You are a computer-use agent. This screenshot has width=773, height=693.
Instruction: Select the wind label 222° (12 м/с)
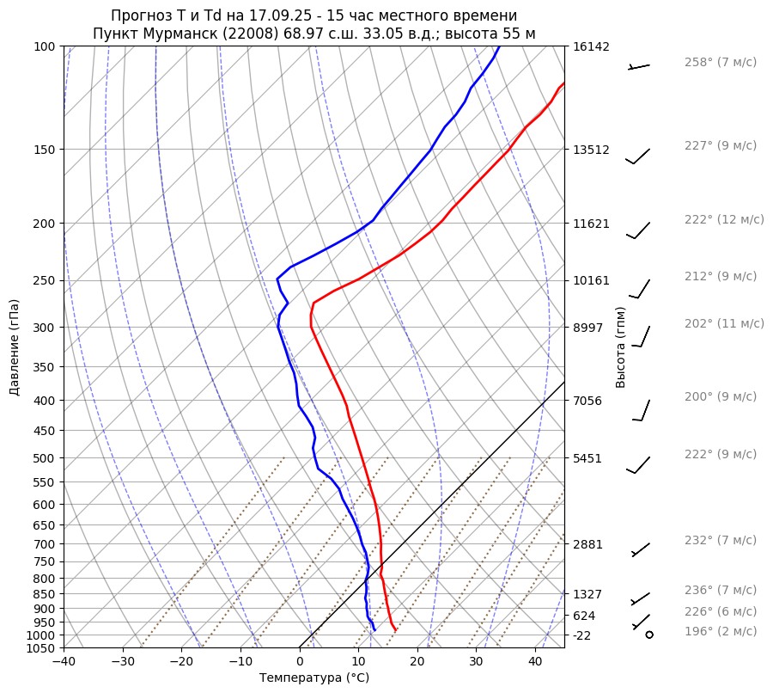click(724, 219)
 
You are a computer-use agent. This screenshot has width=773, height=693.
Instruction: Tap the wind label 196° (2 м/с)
click(721, 631)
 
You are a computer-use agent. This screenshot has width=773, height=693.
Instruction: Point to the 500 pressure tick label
click(45, 458)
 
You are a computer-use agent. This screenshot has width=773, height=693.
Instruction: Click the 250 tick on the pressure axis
click(45, 280)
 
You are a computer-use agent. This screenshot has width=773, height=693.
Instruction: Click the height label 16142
click(591, 46)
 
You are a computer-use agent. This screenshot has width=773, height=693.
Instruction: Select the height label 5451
click(587, 458)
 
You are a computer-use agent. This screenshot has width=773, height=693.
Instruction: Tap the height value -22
click(582, 635)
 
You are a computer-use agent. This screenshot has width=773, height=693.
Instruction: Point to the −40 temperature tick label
click(64, 662)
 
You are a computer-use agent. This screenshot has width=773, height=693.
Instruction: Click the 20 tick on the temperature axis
click(417, 662)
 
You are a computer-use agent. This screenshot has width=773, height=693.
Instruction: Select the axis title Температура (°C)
click(314, 678)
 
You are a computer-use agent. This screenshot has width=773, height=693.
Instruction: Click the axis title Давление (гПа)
click(15, 347)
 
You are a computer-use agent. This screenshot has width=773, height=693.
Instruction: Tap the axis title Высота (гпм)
click(621, 347)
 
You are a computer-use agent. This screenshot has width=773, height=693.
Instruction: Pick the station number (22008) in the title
click(256, 34)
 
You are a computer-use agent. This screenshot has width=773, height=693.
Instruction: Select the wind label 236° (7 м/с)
click(721, 590)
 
